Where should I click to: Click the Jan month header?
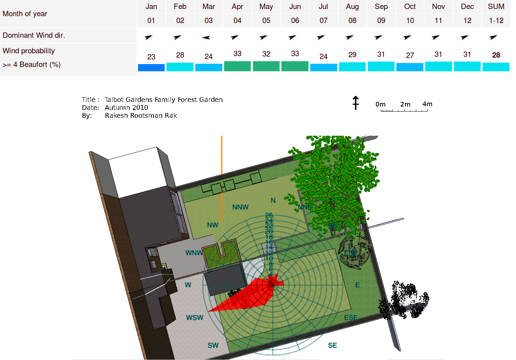[x=151, y=6]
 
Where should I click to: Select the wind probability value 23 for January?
[x=151, y=57]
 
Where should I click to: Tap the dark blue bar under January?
[x=151, y=68]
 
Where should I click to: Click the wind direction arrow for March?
[x=206, y=37]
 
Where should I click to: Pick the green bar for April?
[x=237, y=66]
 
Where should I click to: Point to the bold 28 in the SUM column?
[x=496, y=55]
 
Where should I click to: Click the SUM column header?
[x=496, y=6]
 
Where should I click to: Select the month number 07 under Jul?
[x=323, y=21]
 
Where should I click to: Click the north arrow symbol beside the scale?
[x=356, y=103]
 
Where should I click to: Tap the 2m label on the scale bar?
[x=405, y=104]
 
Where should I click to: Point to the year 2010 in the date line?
[x=140, y=108]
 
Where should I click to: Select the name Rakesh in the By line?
[x=116, y=116]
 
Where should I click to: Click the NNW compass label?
[x=240, y=207]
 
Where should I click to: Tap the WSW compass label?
[x=195, y=318]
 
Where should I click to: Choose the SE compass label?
[x=332, y=346]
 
